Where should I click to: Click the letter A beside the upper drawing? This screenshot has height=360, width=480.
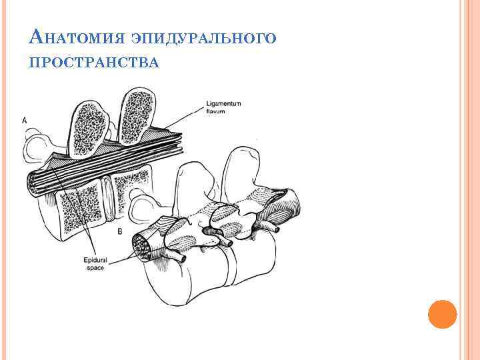tap(25, 120)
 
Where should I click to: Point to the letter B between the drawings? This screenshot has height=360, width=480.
tap(119, 231)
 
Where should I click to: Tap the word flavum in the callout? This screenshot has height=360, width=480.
tap(215, 111)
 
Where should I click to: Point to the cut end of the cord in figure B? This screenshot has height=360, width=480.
tap(143, 245)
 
